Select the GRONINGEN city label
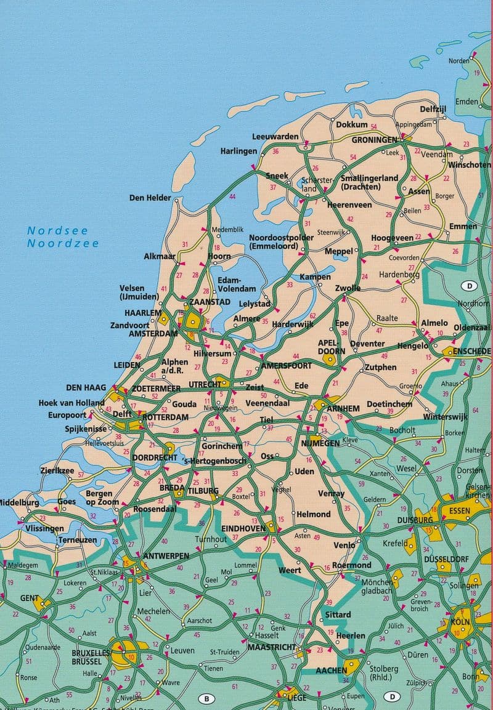(x=374, y=140)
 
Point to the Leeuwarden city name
(x=275, y=137)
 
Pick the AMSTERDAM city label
(x=153, y=334)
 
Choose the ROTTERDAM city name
(x=165, y=417)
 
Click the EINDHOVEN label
(x=243, y=528)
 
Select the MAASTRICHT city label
(x=272, y=647)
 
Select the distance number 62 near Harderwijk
(x=312, y=315)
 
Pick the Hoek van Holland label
(x=71, y=403)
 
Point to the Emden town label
(x=467, y=101)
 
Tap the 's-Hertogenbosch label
(x=215, y=461)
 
